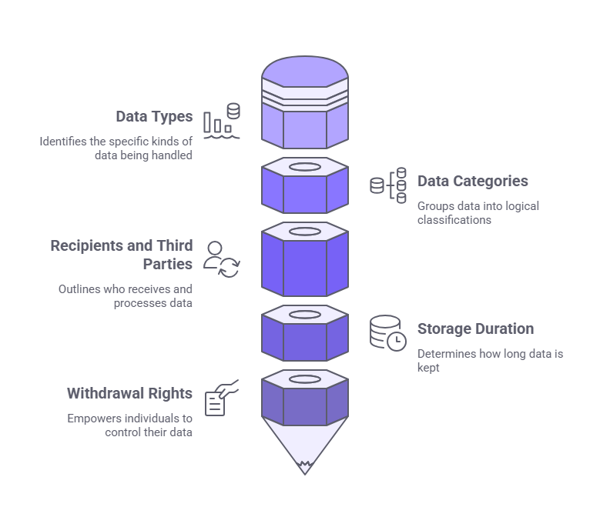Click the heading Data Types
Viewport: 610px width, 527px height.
[154, 117]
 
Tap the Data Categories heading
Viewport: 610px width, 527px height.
[472, 182]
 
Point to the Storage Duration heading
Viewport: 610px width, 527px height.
[475, 329]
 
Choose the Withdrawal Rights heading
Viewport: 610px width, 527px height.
[129, 393]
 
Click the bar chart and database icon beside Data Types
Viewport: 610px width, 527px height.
[222, 121]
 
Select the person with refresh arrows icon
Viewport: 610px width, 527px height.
[222, 258]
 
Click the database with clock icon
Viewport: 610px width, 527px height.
[387, 332]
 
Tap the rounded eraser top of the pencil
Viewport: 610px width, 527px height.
[305, 74]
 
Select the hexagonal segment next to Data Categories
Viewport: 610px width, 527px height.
[305, 187]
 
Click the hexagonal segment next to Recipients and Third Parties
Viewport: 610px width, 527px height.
[305, 258]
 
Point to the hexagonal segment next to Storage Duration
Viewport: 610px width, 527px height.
[305, 334]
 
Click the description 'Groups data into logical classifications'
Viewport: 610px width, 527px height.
[478, 212]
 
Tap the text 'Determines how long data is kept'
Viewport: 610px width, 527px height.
[478, 361]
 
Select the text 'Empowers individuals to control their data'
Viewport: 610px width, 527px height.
[129, 425]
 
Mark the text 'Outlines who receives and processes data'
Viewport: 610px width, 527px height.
[126, 296]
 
